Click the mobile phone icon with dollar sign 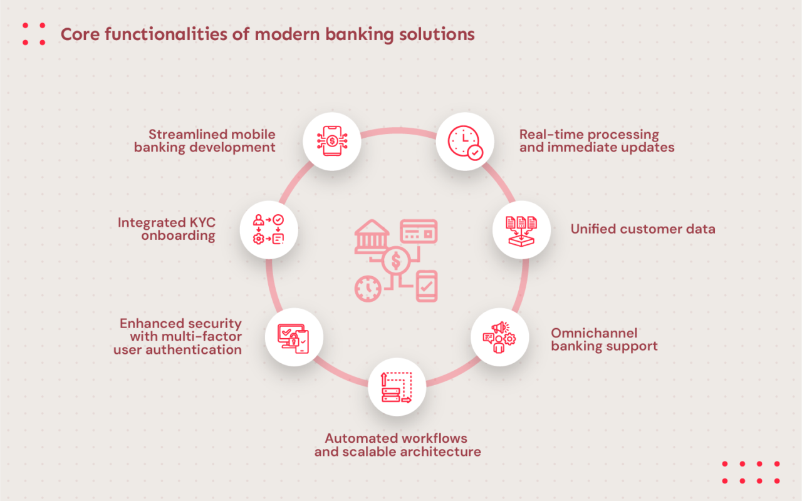tap(331, 141)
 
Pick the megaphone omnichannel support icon tap(499, 338)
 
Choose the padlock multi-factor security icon tap(294, 338)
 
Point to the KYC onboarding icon tap(268, 230)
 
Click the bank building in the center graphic tap(372, 237)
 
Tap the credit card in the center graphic tap(419, 232)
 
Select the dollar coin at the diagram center tap(395, 261)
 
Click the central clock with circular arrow tap(368, 289)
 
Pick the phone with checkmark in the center tap(427, 286)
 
